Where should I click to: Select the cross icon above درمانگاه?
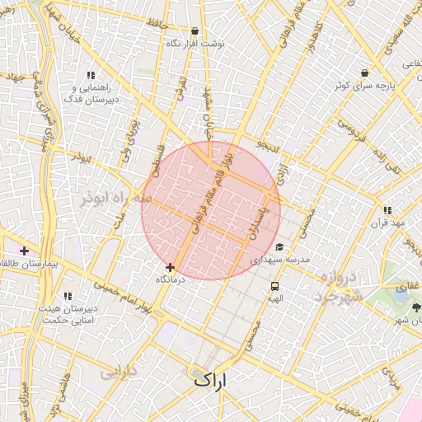tap(171, 267)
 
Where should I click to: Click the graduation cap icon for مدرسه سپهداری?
tap(279, 246)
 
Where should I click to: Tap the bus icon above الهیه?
tap(274, 287)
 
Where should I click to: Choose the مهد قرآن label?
tap(388, 223)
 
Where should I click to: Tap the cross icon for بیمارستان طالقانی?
tap(25, 251)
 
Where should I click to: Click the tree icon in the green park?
tap(416, 307)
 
